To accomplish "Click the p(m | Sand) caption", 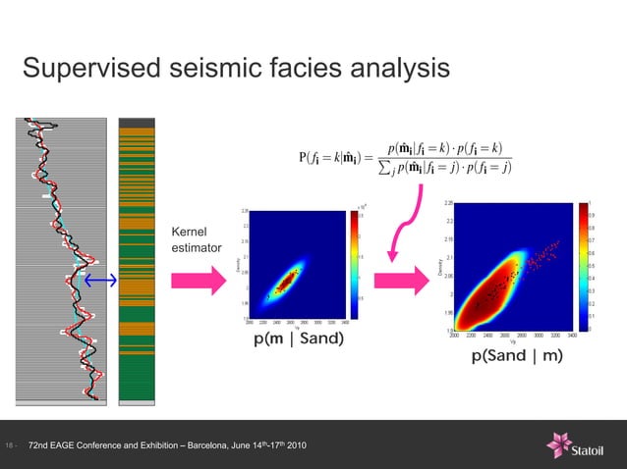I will coord(299,339).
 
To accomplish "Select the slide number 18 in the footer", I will coord(10,447).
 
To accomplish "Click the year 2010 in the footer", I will coord(295,447).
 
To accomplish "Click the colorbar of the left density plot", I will coord(355,261).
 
